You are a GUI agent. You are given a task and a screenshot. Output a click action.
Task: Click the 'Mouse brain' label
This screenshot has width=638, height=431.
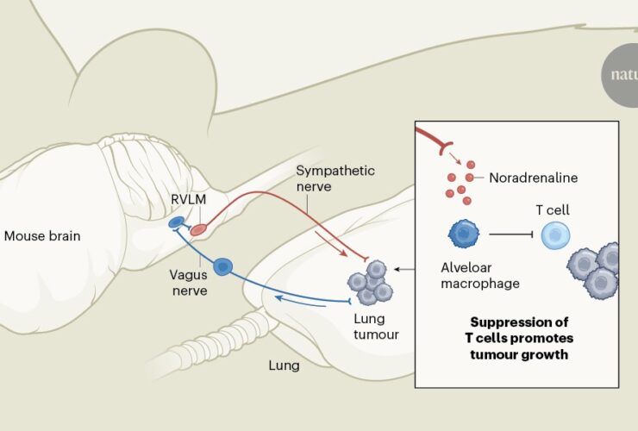tap(42, 235)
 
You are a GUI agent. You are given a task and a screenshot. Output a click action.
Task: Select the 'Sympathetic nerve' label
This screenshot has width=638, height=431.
tap(335, 178)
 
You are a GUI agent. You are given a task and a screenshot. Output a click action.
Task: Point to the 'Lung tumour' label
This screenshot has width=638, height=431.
tap(376, 326)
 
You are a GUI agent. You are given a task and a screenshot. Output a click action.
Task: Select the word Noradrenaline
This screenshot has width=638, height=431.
tap(533, 178)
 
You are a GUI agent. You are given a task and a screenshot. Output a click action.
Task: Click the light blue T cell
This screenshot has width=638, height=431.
tap(555, 235)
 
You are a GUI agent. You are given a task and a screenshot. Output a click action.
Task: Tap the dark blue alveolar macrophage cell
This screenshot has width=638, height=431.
tap(463, 234)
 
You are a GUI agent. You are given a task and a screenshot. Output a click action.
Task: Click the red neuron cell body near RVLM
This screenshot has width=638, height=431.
tap(198, 229)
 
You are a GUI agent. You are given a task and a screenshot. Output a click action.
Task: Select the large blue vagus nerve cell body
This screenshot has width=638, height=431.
tap(223, 267)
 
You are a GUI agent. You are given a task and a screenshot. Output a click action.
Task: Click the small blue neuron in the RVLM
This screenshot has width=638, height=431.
tap(176, 223)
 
